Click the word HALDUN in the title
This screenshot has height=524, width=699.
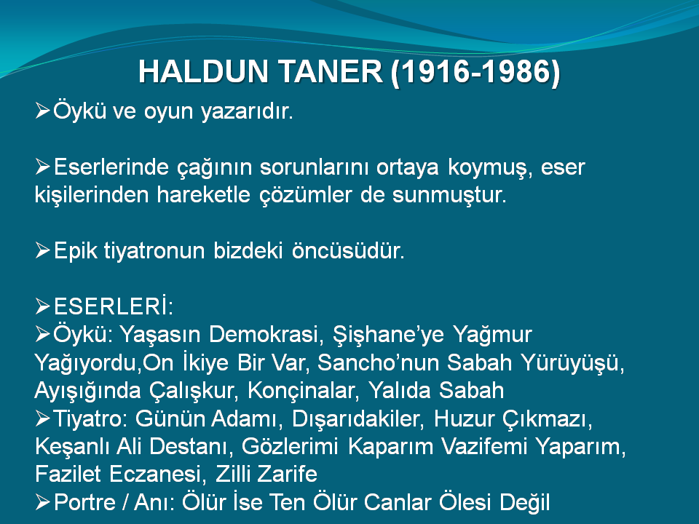[x=203, y=72]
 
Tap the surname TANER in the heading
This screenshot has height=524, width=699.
[x=330, y=72]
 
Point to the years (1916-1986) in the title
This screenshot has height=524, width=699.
[x=475, y=73]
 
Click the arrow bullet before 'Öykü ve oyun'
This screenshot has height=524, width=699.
[x=42, y=110]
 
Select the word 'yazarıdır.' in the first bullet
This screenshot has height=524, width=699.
[x=247, y=111]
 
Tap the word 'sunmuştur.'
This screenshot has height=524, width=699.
[x=449, y=195]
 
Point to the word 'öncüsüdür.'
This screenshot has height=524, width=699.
[x=348, y=251]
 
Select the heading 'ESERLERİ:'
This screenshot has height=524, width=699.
[x=114, y=306]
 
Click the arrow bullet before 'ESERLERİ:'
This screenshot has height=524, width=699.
[x=42, y=306]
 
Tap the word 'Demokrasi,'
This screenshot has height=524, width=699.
[x=266, y=335]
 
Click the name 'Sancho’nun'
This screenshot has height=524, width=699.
[x=378, y=362]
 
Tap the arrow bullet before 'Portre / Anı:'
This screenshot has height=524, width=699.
[x=42, y=502]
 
